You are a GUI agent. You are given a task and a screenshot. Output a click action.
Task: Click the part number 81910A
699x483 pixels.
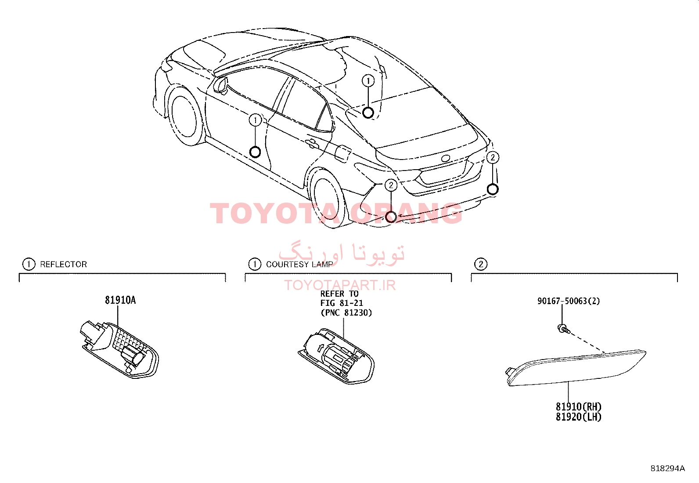pos(120,300)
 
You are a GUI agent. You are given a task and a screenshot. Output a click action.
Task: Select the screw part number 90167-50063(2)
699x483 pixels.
pos(569,301)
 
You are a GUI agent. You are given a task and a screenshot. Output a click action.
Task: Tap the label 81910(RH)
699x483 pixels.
pos(578,407)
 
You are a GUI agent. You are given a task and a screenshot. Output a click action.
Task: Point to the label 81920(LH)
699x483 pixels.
pos(578,417)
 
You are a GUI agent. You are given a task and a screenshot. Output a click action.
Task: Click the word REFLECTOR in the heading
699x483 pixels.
pos(63,264)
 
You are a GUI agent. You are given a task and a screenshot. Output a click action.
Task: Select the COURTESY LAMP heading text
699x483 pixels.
pos(299,264)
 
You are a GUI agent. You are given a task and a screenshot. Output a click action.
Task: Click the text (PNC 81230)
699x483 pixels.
pos(346,313)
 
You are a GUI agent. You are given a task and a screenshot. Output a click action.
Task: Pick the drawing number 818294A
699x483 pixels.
pos(668,468)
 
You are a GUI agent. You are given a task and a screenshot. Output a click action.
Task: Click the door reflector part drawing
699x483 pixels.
pos(119,349)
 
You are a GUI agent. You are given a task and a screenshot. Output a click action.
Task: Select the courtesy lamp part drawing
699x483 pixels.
pos(336,356)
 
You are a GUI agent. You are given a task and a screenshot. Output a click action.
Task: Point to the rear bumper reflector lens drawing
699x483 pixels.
pos(576,368)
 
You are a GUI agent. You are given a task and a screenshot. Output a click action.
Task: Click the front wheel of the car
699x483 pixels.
pos(185,116)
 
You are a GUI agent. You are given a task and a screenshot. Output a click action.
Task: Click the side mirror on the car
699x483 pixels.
pos(220,85)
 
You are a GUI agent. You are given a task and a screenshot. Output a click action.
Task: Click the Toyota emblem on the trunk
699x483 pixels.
pos(446,158)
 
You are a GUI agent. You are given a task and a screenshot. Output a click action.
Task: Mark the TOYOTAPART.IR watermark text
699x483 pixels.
pos(340,285)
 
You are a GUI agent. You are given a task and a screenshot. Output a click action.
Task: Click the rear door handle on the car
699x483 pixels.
pos(311,144)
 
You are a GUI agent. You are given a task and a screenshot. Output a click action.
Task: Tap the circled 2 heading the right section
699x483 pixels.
pos(480,264)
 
